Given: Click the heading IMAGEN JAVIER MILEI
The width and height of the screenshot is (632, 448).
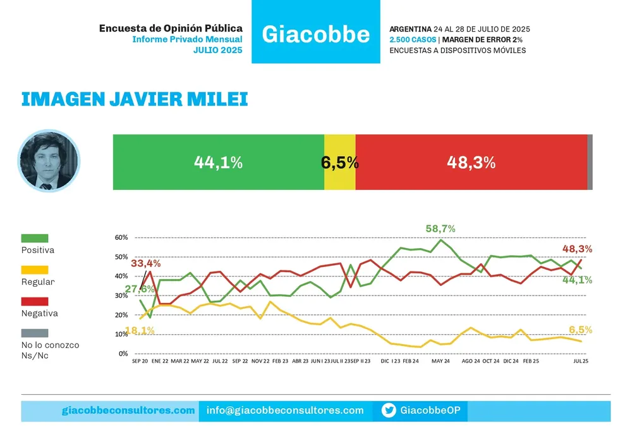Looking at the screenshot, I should point(135,99).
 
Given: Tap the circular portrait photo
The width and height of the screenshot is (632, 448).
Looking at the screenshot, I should point(48,161).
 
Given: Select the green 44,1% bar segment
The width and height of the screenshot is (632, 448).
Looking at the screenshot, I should point(218,162).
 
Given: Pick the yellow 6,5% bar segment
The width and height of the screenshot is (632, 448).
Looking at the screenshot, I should point(340,162).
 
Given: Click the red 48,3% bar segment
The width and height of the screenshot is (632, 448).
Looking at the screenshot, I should point(471,162).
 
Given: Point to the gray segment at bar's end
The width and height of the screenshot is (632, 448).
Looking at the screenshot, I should point(590,162).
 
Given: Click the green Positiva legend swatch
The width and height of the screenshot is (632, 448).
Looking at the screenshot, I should point(35,238).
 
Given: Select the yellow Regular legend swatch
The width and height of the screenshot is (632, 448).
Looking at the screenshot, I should point(35,270).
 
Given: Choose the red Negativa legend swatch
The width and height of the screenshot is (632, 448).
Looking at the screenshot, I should point(35,301).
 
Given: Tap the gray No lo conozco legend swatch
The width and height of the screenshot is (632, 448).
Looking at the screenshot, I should point(35,333).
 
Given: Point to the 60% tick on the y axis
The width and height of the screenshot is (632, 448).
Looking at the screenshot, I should point(121,237).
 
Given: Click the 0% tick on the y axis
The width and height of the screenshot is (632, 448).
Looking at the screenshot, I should point(123,354).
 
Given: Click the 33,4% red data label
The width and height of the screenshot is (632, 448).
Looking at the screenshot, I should point(147,263).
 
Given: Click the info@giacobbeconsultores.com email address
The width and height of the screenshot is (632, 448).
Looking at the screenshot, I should point(285,411).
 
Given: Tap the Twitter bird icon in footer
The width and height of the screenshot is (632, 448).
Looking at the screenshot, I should point(389,411).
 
